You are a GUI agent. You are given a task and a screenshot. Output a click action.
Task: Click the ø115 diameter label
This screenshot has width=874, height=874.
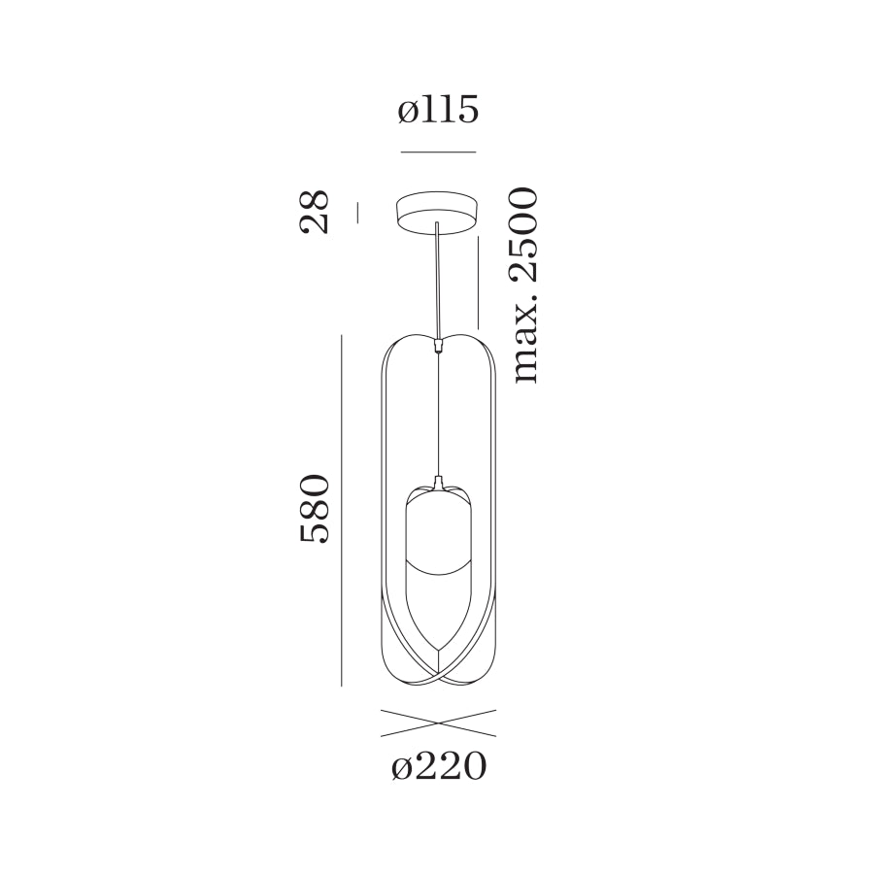tap(438, 111)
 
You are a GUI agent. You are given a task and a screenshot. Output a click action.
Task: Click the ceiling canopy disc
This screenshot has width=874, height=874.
tap(438, 212)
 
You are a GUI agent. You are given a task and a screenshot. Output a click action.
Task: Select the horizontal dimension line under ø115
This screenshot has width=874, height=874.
tap(438, 152)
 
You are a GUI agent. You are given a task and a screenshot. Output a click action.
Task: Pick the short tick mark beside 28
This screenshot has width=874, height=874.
tap(357, 212)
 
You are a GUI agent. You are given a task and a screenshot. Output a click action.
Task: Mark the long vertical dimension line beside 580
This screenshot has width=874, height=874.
tap(342, 509)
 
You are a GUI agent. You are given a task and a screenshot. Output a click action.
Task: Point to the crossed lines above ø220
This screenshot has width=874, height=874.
tap(438, 723)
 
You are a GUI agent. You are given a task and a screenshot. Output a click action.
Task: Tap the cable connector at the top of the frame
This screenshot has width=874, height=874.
tap(440, 342)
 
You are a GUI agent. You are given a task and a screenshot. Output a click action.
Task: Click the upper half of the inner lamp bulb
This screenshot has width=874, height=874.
tap(439, 529)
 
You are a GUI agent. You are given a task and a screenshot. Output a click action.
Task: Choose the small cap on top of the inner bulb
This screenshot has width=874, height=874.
tap(439, 482)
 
